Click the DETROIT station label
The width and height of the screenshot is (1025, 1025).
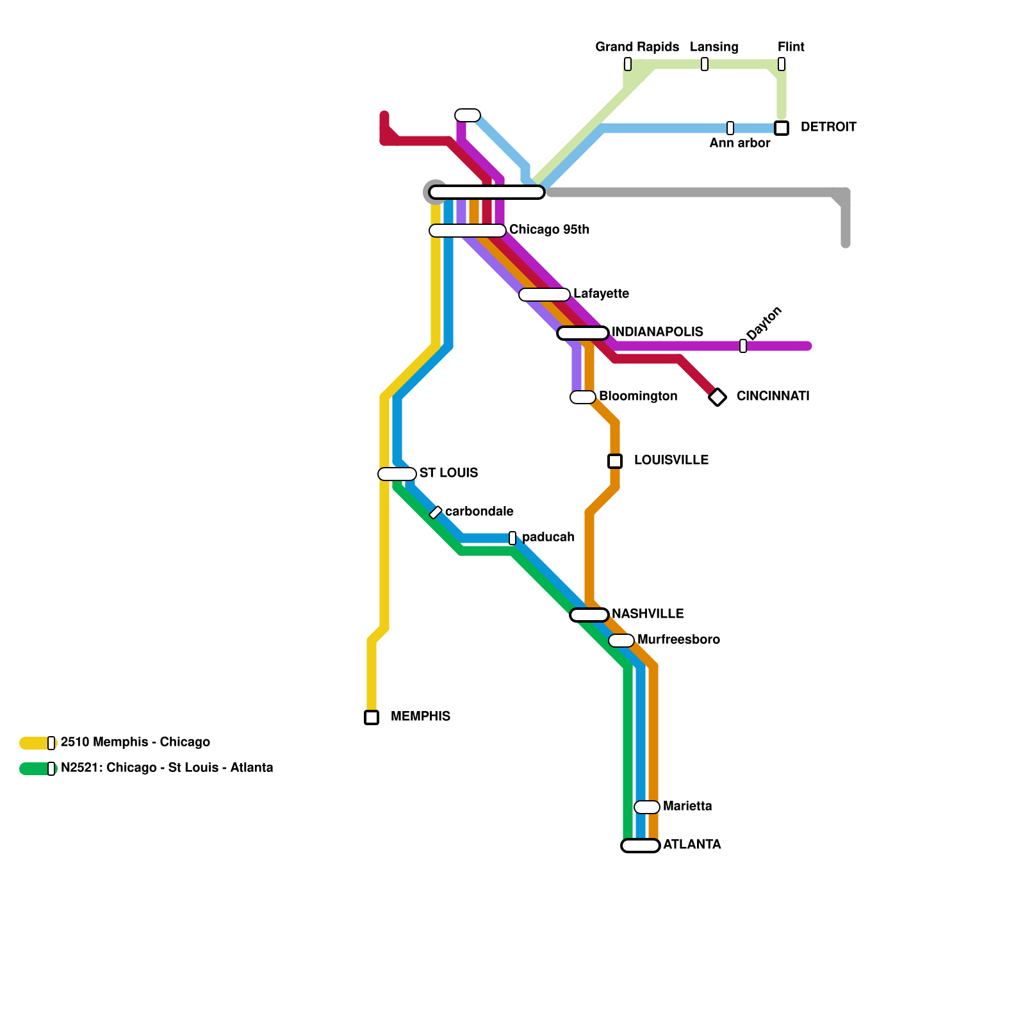(828, 127)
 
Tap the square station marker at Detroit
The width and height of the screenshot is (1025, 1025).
(781, 128)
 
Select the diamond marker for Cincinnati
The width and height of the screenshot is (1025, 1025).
(717, 397)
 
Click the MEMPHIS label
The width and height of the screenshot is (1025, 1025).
(420, 716)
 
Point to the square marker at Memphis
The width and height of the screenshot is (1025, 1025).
(372, 717)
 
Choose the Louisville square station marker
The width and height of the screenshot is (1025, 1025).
(615, 461)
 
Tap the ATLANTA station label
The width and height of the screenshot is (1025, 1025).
(692, 844)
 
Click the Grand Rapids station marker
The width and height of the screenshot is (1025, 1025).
(628, 64)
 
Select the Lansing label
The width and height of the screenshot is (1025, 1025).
(714, 47)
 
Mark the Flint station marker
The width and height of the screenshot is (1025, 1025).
(782, 64)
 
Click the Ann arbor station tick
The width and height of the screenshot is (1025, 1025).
(730, 128)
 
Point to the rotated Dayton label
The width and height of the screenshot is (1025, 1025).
(764, 324)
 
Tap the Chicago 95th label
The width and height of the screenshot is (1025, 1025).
(549, 229)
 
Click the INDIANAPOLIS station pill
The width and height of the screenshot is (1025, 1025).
(583, 333)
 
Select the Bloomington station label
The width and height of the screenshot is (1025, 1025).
(637, 396)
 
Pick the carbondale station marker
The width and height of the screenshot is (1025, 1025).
(436, 512)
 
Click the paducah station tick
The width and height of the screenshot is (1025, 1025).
(512, 538)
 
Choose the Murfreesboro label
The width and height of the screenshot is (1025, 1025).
(678, 639)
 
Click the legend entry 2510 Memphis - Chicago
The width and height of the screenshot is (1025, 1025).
(135, 742)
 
